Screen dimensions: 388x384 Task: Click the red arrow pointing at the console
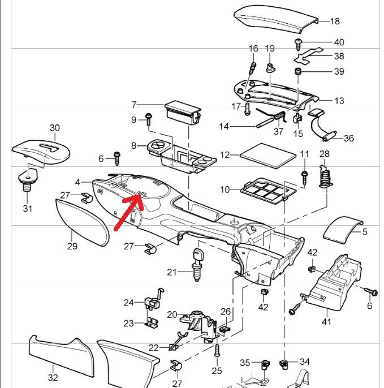[x=128, y=213]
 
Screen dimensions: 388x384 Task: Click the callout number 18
[x=335, y=21]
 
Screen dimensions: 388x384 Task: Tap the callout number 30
[x=54, y=128]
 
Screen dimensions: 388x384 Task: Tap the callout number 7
[x=134, y=105]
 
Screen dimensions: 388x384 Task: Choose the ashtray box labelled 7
[x=182, y=114]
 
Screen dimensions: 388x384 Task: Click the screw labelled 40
[x=299, y=43]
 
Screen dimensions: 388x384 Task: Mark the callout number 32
[x=53, y=377]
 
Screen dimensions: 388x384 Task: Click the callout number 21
[x=172, y=272]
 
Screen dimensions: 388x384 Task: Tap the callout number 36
[x=348, y=139]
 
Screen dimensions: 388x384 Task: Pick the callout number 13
[x=339, y=101]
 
